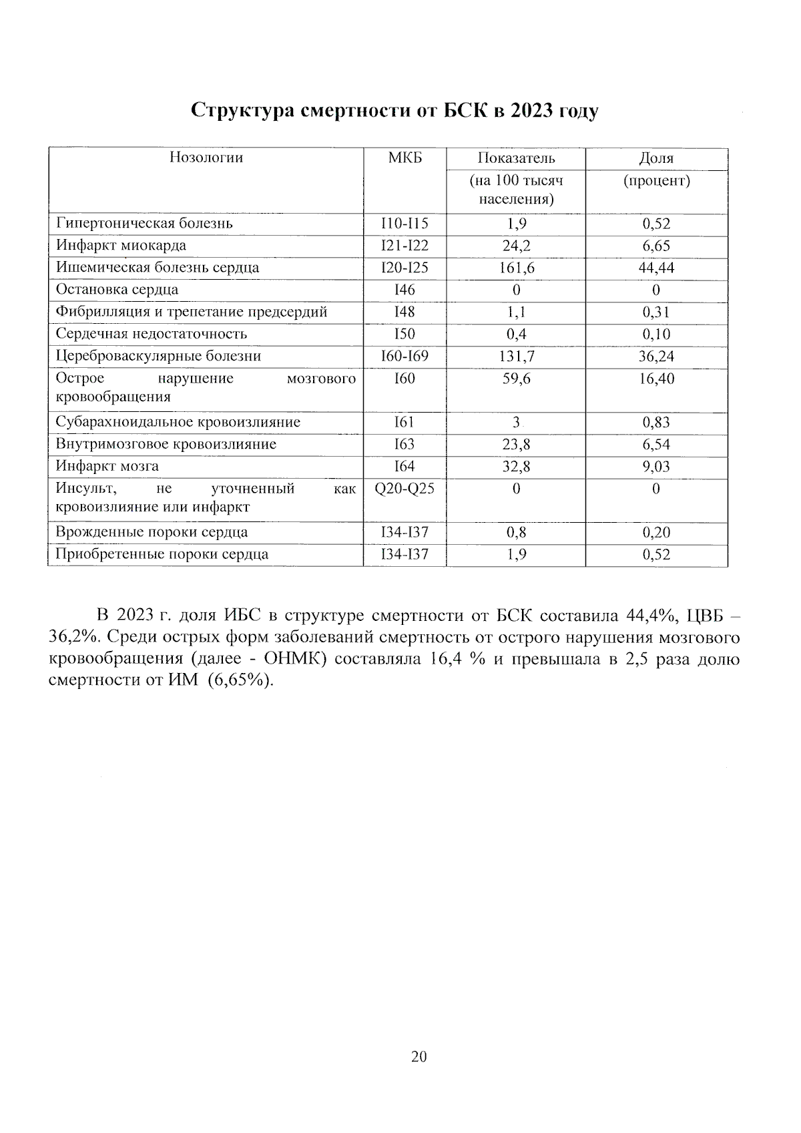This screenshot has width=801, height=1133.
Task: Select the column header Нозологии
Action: pos(206,158)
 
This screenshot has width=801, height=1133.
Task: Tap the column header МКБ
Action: pos(405,158)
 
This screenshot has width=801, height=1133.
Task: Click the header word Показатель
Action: pos(515,158)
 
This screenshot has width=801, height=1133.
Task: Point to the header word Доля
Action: pos(655,158)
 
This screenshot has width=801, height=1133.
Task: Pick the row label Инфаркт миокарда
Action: pos(121,246)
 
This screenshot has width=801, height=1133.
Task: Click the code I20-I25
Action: pos(404,268)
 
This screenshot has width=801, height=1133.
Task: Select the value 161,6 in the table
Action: pos(516,268)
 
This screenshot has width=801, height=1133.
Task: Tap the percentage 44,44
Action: pos(655,268)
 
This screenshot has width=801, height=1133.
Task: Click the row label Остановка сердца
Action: pos(117,290)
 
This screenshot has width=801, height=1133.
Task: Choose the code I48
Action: pos(404,312)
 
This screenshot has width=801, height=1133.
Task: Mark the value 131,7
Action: pos(516,357)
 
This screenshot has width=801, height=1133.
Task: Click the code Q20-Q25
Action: pos(404,489)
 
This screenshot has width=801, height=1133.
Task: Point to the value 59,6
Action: pos(516,379)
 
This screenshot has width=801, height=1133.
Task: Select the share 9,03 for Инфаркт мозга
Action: pos(655,467)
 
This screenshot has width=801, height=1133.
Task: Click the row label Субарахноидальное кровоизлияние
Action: pos(178,422)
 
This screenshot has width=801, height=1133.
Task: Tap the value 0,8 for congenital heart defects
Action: pos(516,532)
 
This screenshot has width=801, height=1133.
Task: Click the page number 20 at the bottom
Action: pos(419,1056)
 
